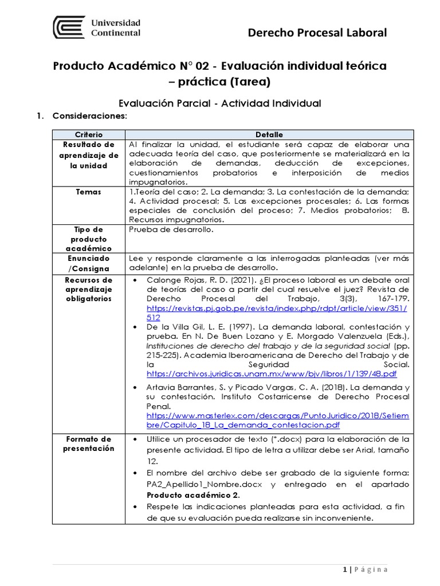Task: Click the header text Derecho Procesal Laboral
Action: (x=317, y=33)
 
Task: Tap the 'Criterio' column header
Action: (x=89, y=134)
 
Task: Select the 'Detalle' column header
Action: (x=269, y=134)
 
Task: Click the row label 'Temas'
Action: (x=89, y=192)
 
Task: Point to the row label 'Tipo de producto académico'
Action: (x=89, y=239)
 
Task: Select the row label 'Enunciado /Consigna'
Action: (x=89, y=263)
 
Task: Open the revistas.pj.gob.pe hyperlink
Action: (x=277, y=308)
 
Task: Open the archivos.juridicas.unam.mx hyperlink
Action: (x=272, y=374)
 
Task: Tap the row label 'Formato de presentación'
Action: (x=89, y=444)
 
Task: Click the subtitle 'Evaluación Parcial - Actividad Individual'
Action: (x=219, y=103)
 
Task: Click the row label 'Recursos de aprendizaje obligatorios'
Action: (x=89, y=290)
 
